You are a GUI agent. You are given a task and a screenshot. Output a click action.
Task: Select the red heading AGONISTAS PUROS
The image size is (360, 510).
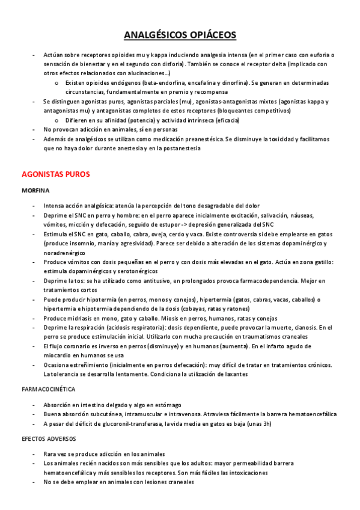55,174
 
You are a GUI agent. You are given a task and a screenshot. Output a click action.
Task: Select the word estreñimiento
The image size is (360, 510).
81,364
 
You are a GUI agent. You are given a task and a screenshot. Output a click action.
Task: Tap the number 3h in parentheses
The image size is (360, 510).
263,423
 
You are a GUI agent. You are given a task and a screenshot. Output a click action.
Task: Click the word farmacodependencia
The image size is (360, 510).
257,281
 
